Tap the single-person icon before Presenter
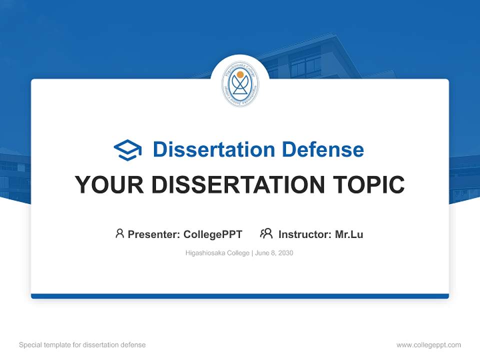click(119, 233)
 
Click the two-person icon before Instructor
click(266, 233)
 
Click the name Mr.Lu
click(349, 234)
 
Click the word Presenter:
click(154, 234)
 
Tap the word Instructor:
click(305, 234)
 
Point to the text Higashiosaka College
click(217, 253)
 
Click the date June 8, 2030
click(274, 253)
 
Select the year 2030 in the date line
click(285, 253)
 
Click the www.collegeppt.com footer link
click(428, 345)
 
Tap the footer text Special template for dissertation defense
click(82, 345)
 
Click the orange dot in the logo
click(240, 74)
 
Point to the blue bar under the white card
click(240, 296)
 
